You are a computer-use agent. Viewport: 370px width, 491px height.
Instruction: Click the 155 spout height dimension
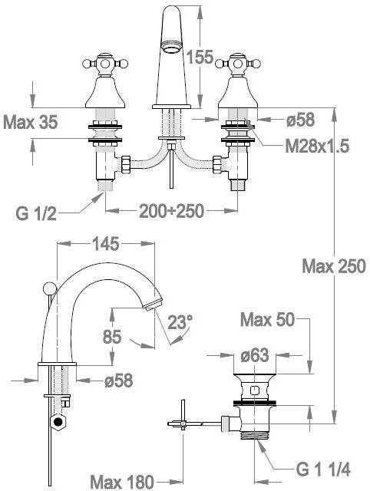click(200, 57)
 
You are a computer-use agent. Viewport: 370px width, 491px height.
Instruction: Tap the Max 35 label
click(31, 122)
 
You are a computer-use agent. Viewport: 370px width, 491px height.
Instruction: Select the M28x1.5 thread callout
click(317, 146)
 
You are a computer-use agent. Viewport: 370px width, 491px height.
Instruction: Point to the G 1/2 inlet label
click(36, 213)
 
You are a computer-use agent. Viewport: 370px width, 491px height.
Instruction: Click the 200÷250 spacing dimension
click(171, 211)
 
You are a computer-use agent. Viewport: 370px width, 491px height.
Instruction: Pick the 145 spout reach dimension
click(106, 244)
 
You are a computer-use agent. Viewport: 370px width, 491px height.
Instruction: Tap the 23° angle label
click(180, 322)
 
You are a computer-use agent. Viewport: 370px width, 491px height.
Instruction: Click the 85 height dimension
click(112, 337)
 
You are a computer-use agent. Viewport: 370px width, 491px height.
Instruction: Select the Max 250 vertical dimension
click(334, 266)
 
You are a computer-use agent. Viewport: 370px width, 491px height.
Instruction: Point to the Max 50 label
click(268, 320)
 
